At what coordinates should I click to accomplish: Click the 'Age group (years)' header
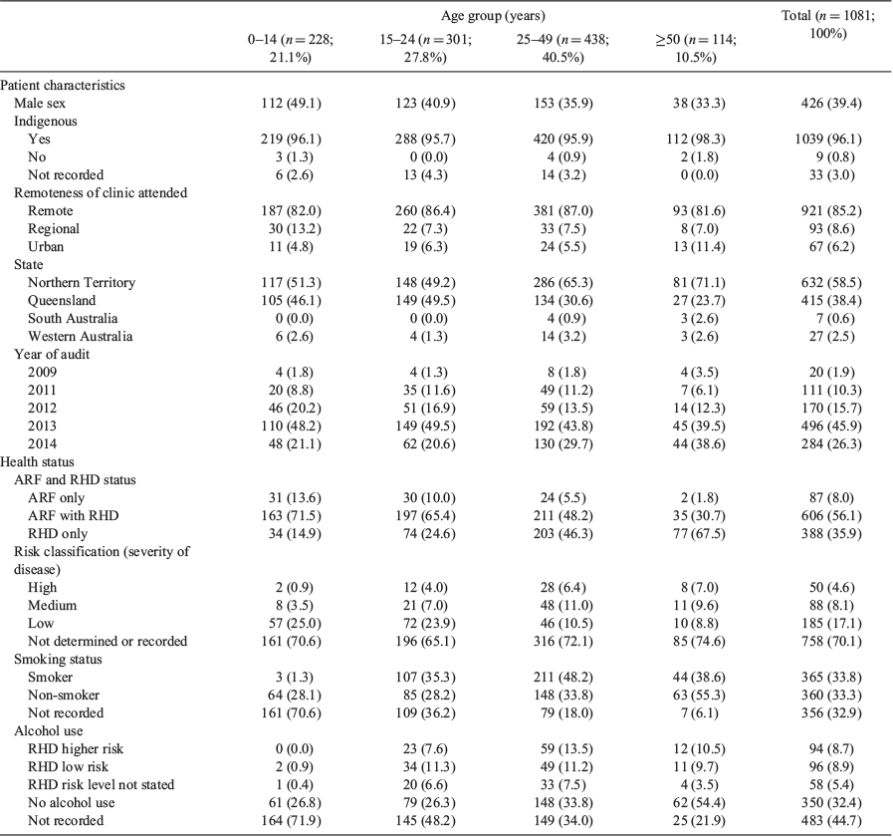tap(493, 15)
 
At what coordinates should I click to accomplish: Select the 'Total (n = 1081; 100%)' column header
tap(828, 24)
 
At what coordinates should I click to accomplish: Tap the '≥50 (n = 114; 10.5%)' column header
tap(695, 49)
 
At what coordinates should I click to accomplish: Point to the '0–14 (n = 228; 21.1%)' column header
tap(291, 49)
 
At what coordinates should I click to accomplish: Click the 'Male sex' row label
tap(40, 104)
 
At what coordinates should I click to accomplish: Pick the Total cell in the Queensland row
tap(831, 301)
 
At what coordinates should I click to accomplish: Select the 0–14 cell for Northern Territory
tap(291, 283)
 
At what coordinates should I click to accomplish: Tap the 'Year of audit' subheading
tap(52, 354)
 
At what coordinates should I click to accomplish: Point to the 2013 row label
tap(42, 425)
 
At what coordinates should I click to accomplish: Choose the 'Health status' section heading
tap(37, 461)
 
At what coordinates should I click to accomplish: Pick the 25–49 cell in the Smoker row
tap(562, 678)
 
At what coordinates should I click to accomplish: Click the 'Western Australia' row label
tap(81, 337)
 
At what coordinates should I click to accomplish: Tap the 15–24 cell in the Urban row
tap(425, 247)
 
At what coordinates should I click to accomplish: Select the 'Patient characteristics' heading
tap(62, 86)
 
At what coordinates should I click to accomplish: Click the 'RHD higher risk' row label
tap(76, 749)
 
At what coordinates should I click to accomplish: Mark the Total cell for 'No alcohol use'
tap(831, 803)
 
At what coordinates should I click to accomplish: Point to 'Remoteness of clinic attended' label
tap(101, 192)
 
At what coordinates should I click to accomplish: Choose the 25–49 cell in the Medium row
tap(562, 606)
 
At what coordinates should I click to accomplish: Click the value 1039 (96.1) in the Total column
tap(828, 139)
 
